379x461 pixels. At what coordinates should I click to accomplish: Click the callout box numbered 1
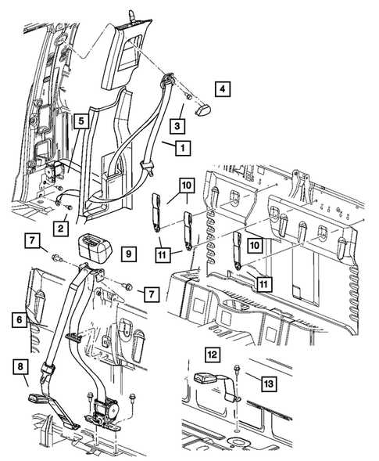tap(182, 146)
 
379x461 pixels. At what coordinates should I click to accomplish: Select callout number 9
tap(130, 254)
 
